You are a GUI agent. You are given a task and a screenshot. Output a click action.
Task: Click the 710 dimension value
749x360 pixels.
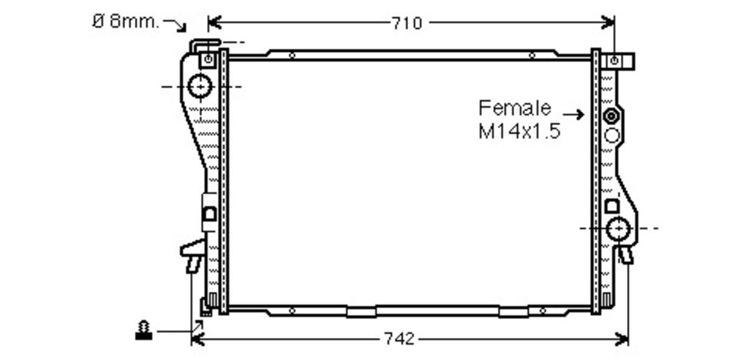click(x=407, y=23)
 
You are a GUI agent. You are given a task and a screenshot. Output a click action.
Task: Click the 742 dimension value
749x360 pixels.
click(x=399, y=340)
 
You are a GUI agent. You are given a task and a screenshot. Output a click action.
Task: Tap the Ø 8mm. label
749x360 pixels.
click(x=125, y=21)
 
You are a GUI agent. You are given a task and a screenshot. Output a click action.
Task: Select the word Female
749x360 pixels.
click(x=515, y=108)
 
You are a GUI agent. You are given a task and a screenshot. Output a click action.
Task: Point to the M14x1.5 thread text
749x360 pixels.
click(x=519, y=131)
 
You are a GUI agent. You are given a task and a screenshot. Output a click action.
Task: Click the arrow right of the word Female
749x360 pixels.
click(x=573, y=114)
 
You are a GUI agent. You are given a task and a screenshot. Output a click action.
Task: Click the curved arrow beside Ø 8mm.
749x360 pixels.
click(x=175, y=25)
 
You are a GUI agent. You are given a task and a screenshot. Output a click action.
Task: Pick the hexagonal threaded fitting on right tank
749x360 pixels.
click(x=611, y=116)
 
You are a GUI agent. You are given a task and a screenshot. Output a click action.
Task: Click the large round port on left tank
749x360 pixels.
click(x=200, y=86)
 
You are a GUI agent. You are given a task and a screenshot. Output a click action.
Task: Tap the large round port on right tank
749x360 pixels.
click(x=619, y=228)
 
